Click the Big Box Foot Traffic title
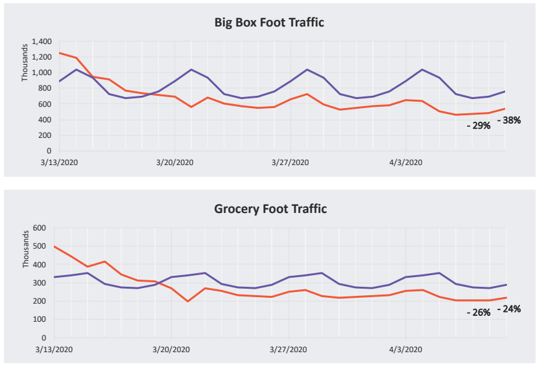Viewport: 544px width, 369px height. coord(269,23)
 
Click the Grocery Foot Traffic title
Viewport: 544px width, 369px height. coord(270,209)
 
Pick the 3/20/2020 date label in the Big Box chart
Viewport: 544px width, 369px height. coord(175,162)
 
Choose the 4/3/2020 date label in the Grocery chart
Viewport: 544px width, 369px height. coord(405,349)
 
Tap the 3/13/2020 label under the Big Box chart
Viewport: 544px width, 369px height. coord(60,162)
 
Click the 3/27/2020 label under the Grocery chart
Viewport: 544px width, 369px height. coord(289,349)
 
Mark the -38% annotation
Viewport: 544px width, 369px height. coord(509,120)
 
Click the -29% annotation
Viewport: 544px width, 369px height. coord(479,126)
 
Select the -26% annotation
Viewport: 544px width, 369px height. coord(479,313)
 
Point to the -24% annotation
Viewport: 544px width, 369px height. coord(509,309)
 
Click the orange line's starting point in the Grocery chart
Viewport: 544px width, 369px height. coord(54,246)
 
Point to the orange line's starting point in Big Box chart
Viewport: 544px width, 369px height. coord(60,53)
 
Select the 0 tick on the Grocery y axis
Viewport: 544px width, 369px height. coord(44,337)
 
